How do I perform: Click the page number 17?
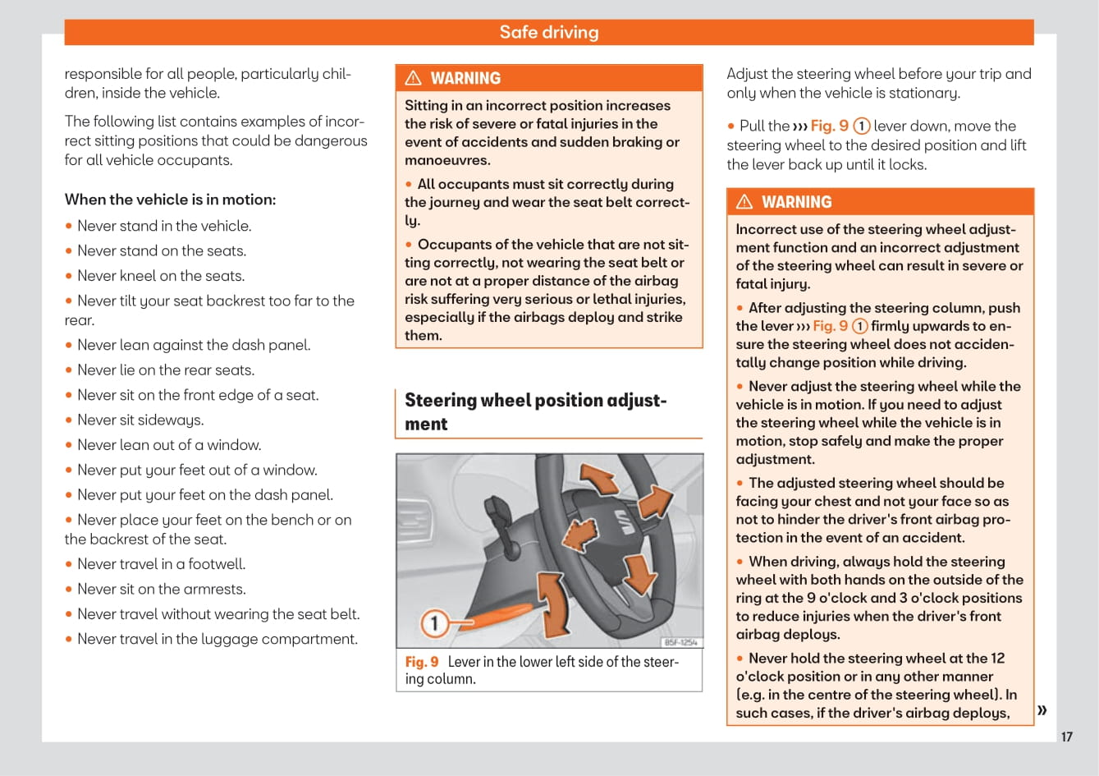[x=1066, y=737]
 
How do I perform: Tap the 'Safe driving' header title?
[x=549, y=32]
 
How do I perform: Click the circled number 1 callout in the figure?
[x=434, y=623]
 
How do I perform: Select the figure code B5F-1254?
[x=680, y=642]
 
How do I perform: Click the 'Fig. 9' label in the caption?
[x=422, y=662]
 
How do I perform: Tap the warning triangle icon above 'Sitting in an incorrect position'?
[x=414, y=78]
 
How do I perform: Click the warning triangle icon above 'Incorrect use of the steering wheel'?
[x=744, y=202]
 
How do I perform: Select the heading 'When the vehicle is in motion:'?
[x=170, y=200]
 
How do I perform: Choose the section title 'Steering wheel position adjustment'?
[x=535, y=411]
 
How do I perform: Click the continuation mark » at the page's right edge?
[x=1042, y=710]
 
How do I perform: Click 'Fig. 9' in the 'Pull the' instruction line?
[x=829, y=126]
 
